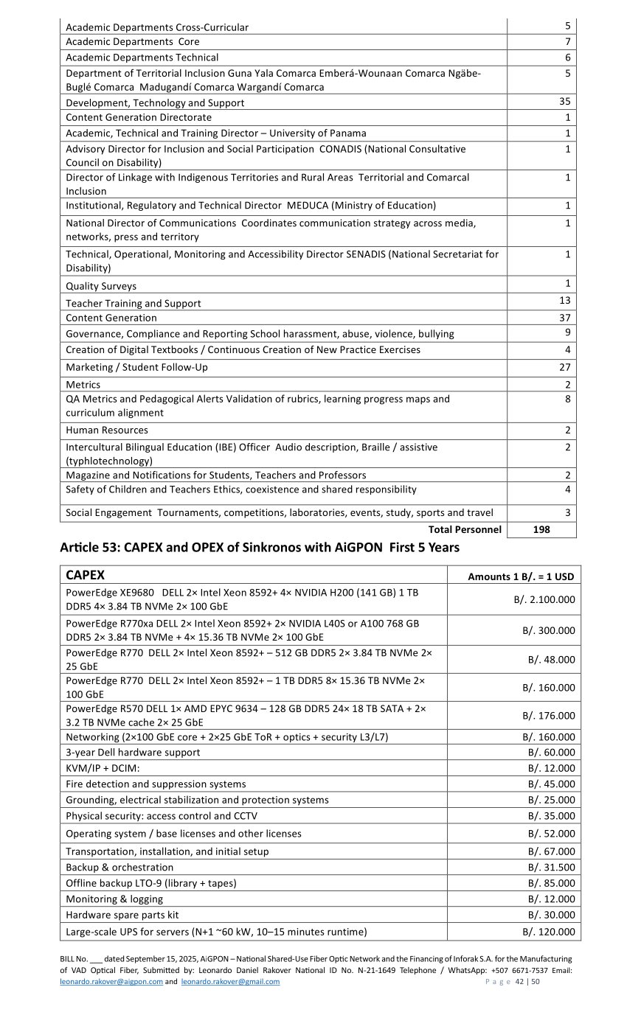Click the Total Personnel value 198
coord(541,529)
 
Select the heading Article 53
coord(259,548)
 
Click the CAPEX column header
coord(85,575)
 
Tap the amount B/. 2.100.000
coord(544,599)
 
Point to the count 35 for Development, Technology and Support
coord(564,102)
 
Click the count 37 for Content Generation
coord(564,318)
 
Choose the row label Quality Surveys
coord(101,286)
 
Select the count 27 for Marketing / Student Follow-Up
coord(564,367)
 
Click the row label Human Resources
coord(106,430)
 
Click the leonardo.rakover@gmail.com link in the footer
coord(230,982)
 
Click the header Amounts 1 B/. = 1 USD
coord(521,576)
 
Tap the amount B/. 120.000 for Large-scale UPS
coord(548,932)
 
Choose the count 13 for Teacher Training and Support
coord(564,301)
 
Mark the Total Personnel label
coord(464,529)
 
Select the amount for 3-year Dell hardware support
coord(551,753)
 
